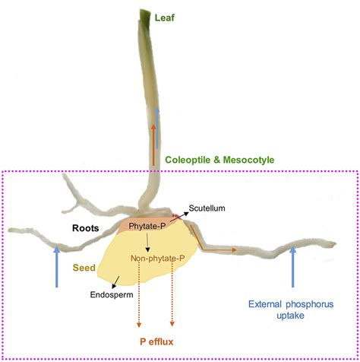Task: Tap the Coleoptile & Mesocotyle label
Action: [x=219, y=160]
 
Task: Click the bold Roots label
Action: [x=87, y=227]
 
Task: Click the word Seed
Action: [x=83, y=268]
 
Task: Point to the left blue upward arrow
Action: [x=57, y=266]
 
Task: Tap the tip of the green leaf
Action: [x=147, y=11]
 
